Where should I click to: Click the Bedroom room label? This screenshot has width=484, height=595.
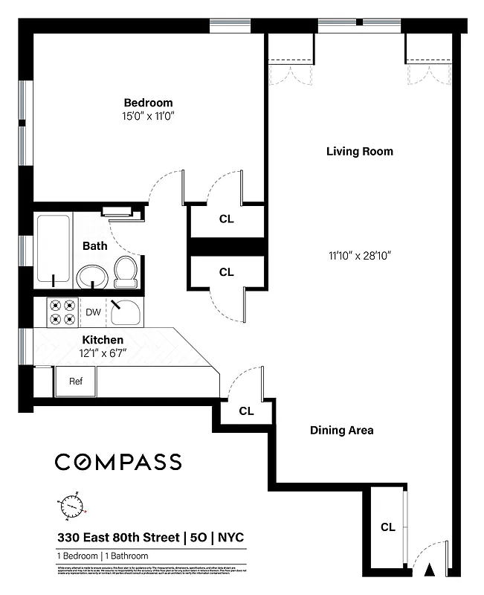148,103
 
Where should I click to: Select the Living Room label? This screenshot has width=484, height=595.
359,152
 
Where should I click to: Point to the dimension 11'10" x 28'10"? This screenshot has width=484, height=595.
359,255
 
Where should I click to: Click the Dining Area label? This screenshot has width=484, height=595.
341,430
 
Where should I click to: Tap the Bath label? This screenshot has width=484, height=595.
94,245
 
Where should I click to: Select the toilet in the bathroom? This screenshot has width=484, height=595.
126,271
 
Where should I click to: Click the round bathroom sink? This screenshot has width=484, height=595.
92,277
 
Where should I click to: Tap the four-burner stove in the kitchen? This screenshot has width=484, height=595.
63,312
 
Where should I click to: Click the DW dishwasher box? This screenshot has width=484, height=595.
93,312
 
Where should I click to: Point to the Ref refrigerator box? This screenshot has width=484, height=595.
75,382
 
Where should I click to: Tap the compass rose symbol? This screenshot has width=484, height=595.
71,506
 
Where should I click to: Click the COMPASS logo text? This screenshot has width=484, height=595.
118,462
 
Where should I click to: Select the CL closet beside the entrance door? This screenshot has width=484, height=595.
387,527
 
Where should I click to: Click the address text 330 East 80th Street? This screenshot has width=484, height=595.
119,538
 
